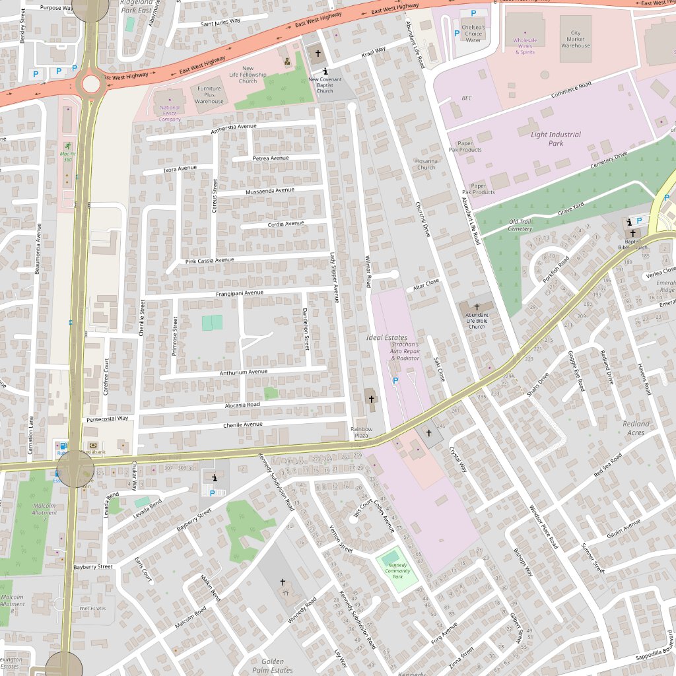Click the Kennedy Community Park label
pos(397,571)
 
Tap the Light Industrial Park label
pos(556,139)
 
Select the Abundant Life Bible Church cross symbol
pos(477,308)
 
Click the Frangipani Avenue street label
pos(239,293)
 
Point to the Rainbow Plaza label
pos(361,433)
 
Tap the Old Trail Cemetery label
pos(520,225)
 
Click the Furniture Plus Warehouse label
pos(209,95)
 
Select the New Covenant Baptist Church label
pos(325,85)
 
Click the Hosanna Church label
pos(426,164)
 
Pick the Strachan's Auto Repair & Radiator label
pos(405,351)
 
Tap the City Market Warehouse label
pos(576,39)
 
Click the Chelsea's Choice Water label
pos(473,34)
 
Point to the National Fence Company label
pos(170,113)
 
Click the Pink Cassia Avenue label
pos(210,260)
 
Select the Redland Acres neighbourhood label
pos(636,428)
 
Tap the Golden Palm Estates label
pos(273,665)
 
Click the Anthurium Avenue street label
pos(244,372)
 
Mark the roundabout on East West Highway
pos(90,84)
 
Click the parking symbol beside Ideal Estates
pos(395,381)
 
